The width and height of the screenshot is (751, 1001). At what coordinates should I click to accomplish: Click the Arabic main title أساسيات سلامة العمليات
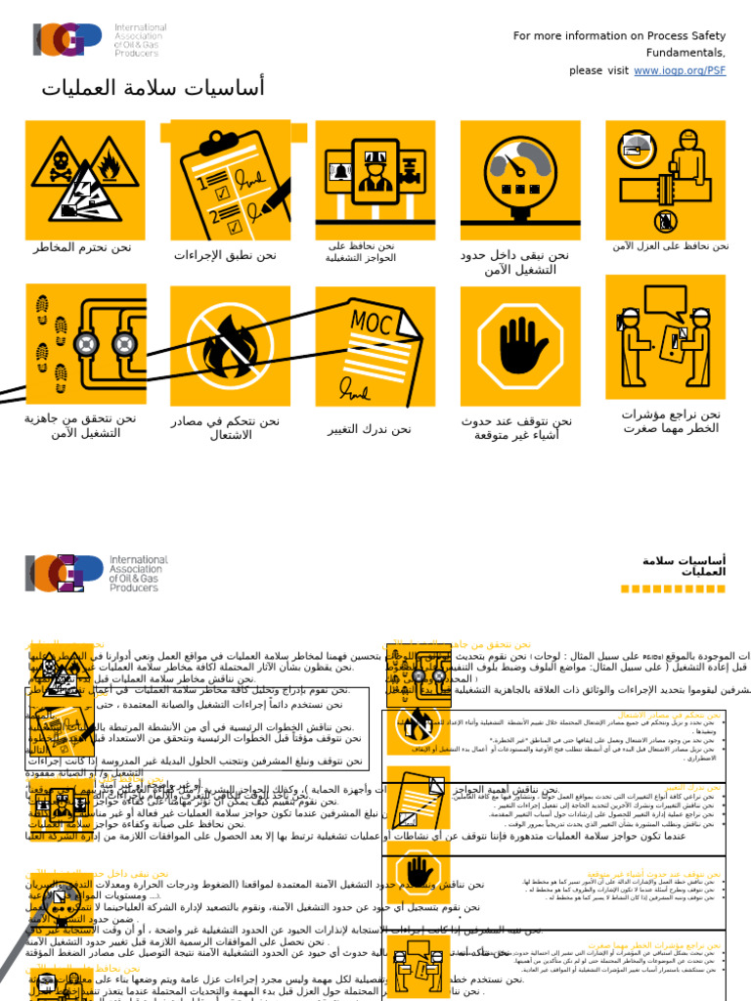click(x=153, y=88)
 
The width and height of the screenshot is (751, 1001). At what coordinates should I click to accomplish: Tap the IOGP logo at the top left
click(x=66, y=39)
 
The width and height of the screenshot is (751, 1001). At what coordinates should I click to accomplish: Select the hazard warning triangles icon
click(x=85, y=180)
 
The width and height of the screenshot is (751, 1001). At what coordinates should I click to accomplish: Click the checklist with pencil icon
click(x=231, y=180)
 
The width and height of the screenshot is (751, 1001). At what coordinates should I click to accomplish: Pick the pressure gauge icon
click(x=520, y=180)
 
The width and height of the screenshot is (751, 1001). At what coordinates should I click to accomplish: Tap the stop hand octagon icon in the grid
click(x=520, y=346)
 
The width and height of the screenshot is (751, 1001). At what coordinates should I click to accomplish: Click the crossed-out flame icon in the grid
click(x=231, y=346)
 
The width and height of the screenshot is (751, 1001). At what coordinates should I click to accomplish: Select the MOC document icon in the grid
click(x=375, y=346)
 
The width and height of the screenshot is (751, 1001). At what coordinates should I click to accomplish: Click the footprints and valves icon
click(x=85, y=344)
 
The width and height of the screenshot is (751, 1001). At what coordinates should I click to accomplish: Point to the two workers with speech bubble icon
click(x=665, y=337)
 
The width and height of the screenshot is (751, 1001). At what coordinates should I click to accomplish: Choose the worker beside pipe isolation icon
click(x=665, y=179)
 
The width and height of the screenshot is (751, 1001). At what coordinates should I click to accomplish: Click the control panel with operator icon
click(x=375, y=180)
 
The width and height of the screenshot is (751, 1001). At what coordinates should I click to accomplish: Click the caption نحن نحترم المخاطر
click(x=82, y=247)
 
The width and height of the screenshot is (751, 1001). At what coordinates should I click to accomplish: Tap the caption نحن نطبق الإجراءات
click(x=225, y=255)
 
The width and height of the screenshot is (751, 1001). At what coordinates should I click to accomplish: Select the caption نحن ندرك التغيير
click(x=370, y=429)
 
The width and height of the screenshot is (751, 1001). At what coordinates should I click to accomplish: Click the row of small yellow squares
click(x=673, y=588)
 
